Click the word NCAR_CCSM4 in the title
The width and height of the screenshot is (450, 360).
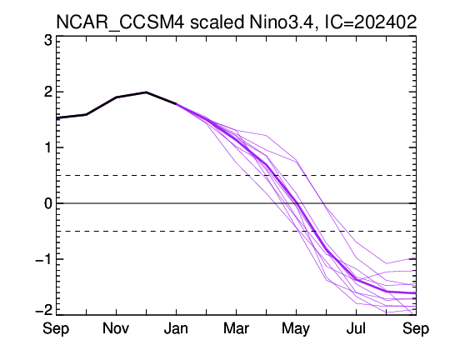click(120, 22)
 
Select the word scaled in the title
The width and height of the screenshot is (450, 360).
click(217, 22)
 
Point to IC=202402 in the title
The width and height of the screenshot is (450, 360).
click(370, 22)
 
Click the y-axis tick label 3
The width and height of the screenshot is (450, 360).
click(48, 41)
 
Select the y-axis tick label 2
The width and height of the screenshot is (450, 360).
click(48, 92)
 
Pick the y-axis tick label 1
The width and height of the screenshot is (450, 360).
click(48, 147)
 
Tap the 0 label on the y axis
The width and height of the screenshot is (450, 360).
click(48, 203)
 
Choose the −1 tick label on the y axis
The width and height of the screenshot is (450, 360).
click(43, 259)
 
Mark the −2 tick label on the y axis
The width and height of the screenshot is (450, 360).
click(43, 310)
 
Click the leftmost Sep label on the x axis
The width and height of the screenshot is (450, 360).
click(56, 328)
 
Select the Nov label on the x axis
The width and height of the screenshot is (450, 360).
click(116, 328)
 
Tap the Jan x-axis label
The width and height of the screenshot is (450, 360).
click(176, 328)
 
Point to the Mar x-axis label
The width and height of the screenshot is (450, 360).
click(236, 328)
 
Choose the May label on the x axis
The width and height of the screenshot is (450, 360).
click(296, 328)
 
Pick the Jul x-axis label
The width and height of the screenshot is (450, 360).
click(356, 328)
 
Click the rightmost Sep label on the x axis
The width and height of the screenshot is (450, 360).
click(416, 328)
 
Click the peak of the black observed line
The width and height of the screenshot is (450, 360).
click(146, 92)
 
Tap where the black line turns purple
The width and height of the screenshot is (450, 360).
click(176, 103)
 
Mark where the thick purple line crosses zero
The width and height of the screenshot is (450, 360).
click(297, 203)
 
